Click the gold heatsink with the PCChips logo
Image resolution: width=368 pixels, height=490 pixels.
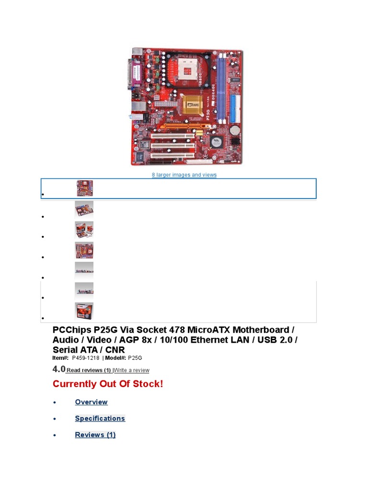[191, 105]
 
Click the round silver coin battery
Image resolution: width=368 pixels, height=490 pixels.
[235, 130]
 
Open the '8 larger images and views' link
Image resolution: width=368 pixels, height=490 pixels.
[184, 175]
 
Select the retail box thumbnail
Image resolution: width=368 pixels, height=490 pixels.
[84, 311]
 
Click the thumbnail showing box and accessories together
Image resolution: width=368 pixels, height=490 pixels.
[84, 230]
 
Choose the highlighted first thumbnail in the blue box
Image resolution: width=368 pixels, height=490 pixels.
[85, 188]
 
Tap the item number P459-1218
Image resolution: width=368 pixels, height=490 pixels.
[86, 358]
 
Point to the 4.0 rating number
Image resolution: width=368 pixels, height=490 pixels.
[58, 369]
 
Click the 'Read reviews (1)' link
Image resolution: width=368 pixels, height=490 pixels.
[89, 370]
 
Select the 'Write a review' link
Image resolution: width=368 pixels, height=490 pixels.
[132, 370]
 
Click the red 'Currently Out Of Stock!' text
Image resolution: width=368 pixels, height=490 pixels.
[108, 384]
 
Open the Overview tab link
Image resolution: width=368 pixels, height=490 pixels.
[91, 402]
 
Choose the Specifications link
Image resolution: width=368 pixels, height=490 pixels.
[100, 418]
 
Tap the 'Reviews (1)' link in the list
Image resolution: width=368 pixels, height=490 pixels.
[95, 434]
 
